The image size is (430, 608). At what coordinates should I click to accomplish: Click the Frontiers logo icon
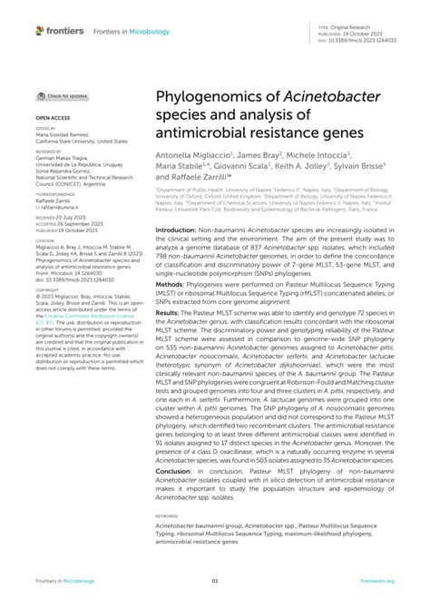coord(40,31)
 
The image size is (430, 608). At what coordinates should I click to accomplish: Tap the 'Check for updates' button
coord(63,95)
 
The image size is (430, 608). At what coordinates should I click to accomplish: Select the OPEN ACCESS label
coord(53,118)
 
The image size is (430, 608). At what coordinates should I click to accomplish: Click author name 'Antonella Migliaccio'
coord(193,155)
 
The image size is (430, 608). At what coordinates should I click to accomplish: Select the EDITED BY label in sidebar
coord(45,129)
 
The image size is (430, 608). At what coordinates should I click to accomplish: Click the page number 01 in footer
coord(215,581)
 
